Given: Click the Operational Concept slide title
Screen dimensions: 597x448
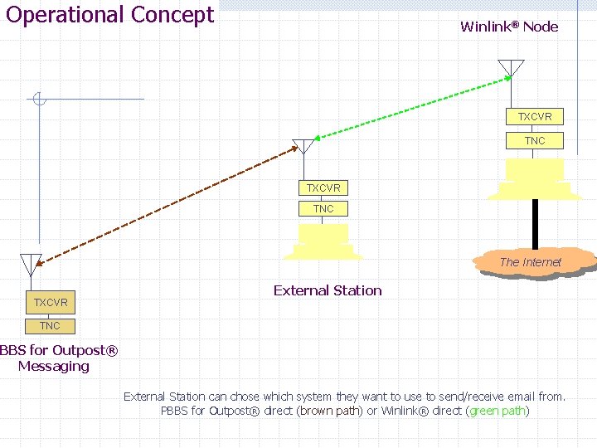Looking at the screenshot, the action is click(109, 15).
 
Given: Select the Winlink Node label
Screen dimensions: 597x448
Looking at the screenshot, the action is click(509, 27).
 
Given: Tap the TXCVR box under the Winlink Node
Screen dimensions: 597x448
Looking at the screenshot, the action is click(535, 117).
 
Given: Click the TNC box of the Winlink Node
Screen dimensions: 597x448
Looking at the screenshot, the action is click(535, 141).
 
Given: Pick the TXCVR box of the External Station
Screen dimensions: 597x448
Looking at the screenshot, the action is click(323, 188).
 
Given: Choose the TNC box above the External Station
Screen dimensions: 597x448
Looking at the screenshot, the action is click(323, 209).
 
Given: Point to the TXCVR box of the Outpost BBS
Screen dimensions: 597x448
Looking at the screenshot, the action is click(51, 302).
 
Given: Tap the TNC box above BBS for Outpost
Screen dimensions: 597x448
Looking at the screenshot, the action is click(51, 326).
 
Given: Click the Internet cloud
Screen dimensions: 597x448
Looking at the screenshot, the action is click(531, 262).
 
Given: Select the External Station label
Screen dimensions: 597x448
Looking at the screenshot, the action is click(328, 290).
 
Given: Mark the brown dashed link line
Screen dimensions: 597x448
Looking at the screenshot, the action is click(166, 207).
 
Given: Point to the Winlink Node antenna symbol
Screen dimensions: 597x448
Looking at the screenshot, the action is click(512, 68).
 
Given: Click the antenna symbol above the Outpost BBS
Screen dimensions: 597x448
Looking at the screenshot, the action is click(31, 264).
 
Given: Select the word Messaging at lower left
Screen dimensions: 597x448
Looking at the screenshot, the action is click(54, 366).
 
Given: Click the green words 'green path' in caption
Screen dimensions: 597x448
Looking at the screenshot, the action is click(498, 411).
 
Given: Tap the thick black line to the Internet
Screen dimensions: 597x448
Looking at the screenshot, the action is click(535, 224).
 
